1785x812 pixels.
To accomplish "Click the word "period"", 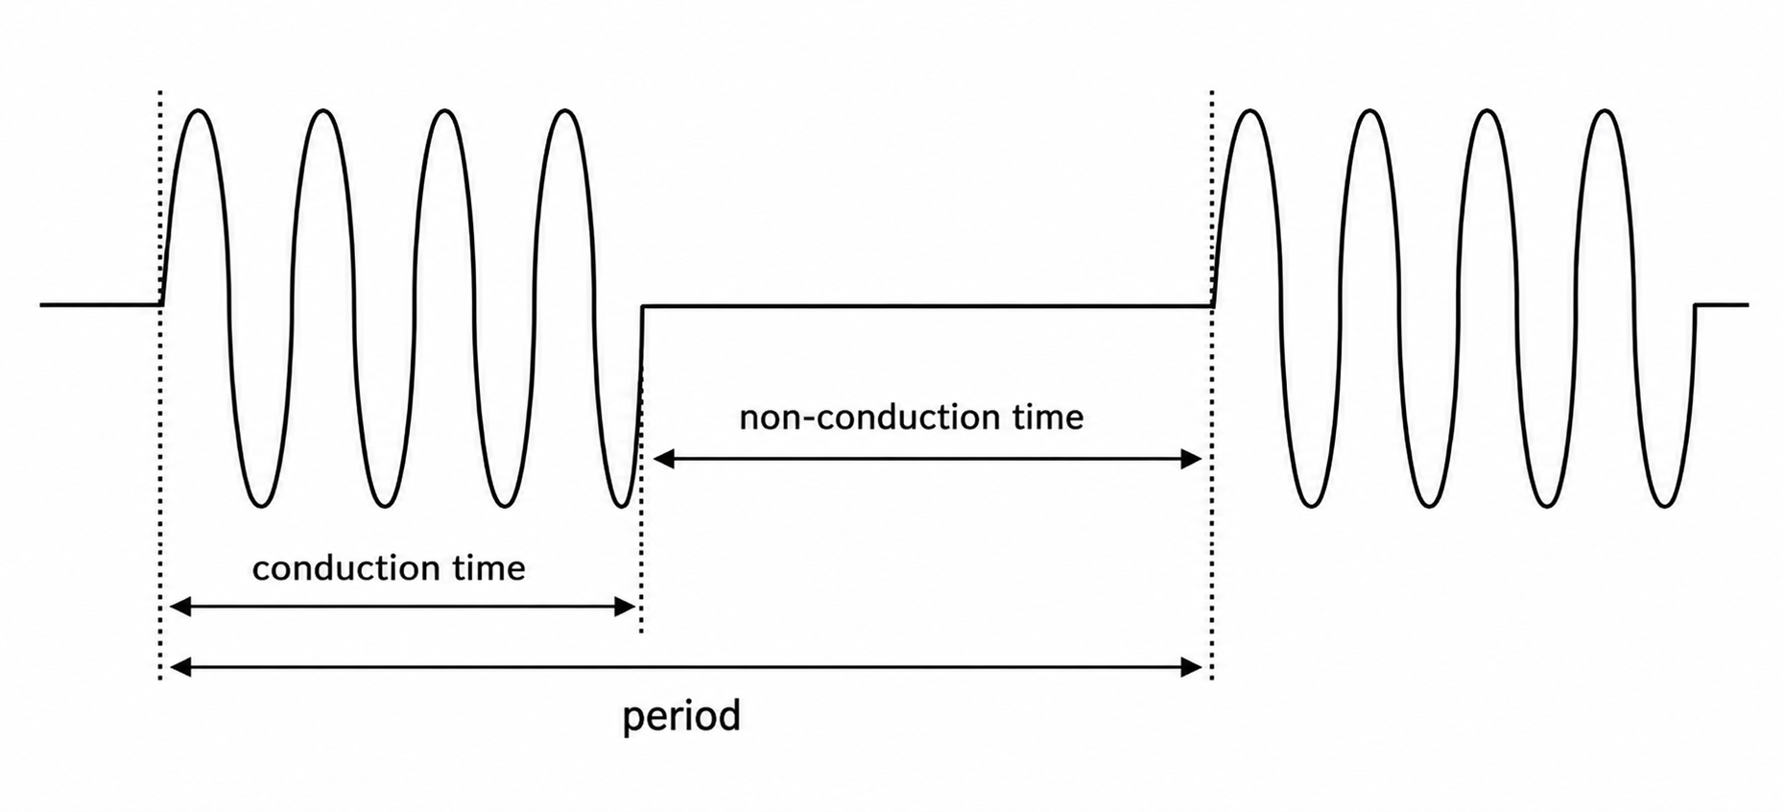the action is [x=681, y=717].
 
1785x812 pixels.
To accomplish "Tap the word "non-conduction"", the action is [x=867, y=418].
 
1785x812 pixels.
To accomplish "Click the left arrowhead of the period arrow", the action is [x=180, y=667].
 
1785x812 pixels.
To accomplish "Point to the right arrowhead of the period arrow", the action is [x=1191, y=667].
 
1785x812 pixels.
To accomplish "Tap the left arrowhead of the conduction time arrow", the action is [x=180, y=607].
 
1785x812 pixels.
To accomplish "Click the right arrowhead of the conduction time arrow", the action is [x=624, y=607].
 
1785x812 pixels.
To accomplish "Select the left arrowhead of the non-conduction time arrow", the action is [x=664, y=459].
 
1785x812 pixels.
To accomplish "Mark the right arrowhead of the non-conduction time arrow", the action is [x=1191, y=459].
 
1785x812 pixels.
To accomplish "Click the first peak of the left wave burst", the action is [x=199, y=111].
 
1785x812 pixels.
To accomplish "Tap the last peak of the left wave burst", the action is [x=564, y=111].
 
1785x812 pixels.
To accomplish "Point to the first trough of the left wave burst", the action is [x=260, y=505].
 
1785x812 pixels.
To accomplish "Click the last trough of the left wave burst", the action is [x=623, y=505].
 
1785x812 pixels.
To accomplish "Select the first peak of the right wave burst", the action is [x=1249, y=111].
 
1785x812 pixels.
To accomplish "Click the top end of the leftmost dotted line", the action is [x=160, y=92].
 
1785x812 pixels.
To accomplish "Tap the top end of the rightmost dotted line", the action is [x=1212, y=92].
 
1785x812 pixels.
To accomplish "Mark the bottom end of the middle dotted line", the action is [x=641, y=631].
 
